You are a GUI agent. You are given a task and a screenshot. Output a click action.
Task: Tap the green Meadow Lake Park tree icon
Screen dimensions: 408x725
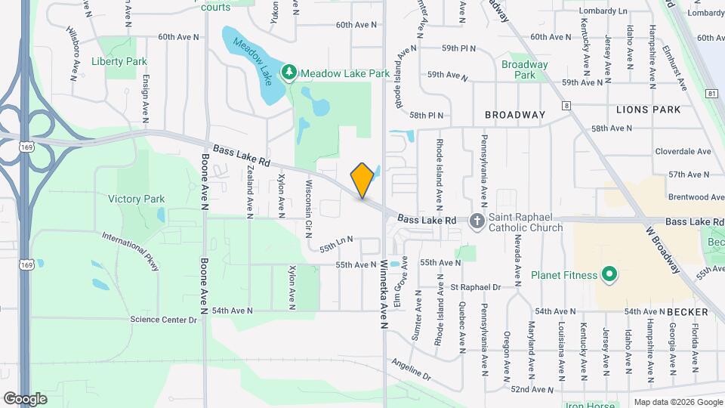[288, 73]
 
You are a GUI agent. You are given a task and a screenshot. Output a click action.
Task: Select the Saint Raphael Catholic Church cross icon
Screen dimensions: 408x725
[477, 221]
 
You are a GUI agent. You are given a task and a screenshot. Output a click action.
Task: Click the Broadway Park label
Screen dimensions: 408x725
[524, 70]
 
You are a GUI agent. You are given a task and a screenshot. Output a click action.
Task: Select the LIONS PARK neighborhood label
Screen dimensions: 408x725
[648, 110]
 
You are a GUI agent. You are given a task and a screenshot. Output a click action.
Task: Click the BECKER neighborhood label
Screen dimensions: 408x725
[687, 311]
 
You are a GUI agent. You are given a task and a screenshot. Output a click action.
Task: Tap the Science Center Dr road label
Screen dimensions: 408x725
[163, 320]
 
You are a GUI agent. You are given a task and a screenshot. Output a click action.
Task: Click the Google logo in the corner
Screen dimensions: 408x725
[25, 398]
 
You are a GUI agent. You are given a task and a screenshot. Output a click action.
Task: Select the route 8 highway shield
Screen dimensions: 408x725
[566, 106]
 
